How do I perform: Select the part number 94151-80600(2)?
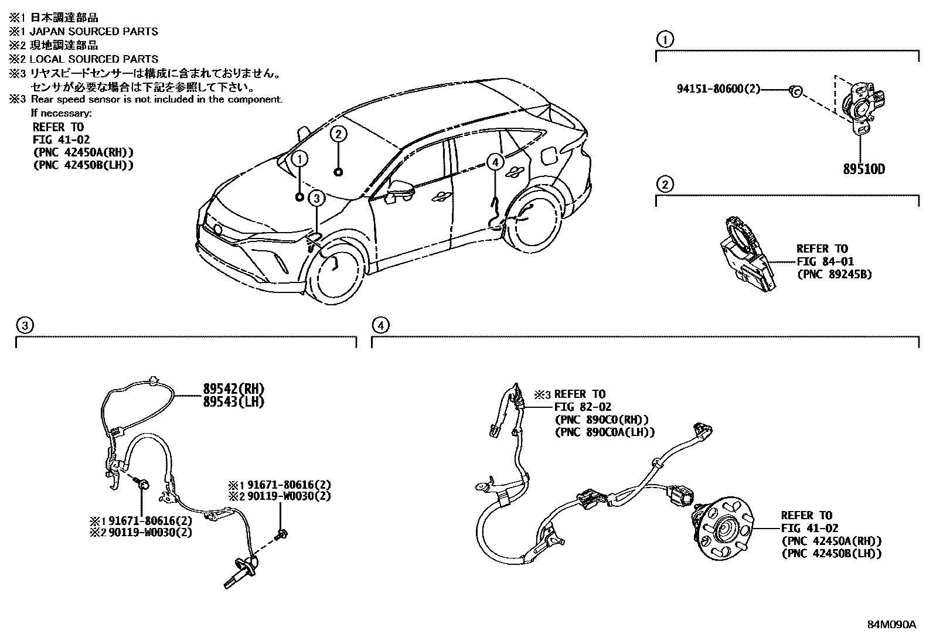click(719, 89)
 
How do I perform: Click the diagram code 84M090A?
click(891, 624)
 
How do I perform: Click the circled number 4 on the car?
click(495, 162)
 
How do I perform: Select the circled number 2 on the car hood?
click(338, 134)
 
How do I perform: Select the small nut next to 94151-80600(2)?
click(795, 90)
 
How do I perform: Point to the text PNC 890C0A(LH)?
click(604, 432)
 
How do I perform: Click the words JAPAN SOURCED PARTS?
click(93, 31)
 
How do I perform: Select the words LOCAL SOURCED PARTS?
click(93, 59)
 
